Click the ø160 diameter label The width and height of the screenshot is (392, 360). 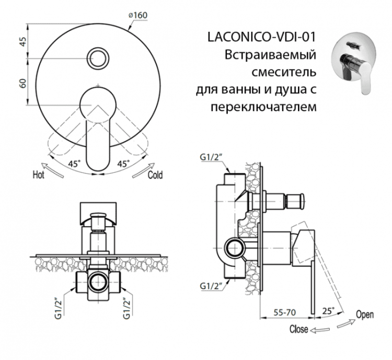pyautogui.click(x=137, y=15)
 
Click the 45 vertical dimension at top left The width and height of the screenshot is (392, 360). pyautogui.click(x=22, y=42)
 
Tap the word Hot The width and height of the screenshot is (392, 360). pyautogui.click(x=39, y=175)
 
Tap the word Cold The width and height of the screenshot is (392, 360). pyautogui.click(x=155, y=175)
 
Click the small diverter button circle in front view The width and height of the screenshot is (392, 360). pyautogui.click(x=98, y=57)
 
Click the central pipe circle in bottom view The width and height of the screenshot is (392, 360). pyautogui.click(x=98, y=283)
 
